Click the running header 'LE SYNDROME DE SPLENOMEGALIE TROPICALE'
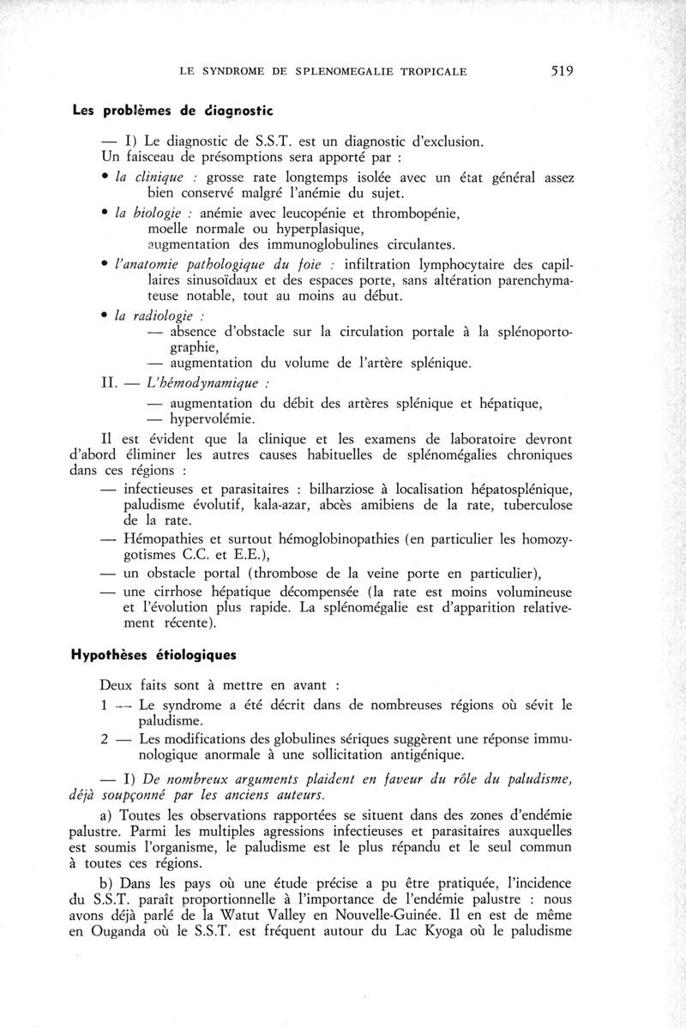(x=323, y=72)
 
